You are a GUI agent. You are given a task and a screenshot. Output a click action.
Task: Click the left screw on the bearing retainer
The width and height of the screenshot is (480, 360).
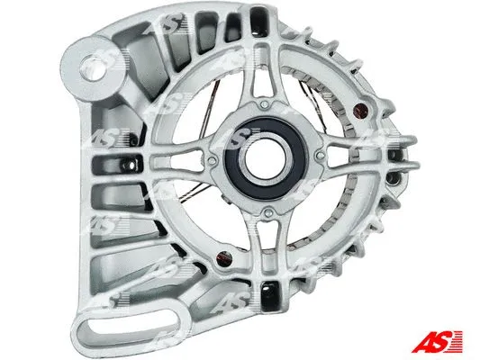point(210,163)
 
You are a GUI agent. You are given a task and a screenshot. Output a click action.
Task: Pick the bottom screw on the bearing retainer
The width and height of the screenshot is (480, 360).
point(267,213)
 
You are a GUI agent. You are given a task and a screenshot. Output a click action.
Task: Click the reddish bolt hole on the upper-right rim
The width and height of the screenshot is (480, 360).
point(363,112)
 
